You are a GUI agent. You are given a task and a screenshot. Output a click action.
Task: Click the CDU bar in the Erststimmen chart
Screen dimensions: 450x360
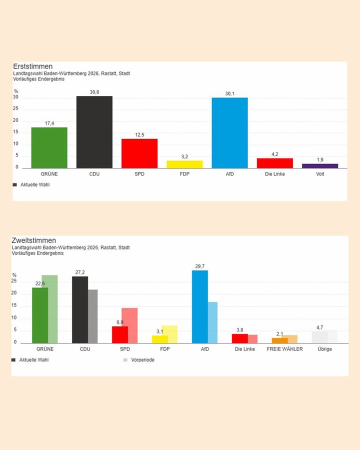click(x=94, y=132)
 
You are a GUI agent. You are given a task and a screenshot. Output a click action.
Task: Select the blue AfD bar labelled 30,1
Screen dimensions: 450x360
click(x=229, y=133)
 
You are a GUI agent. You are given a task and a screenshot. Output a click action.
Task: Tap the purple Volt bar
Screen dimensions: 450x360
click(x=320, y=165)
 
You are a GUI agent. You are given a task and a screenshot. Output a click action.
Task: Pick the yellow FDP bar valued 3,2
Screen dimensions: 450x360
click(x=184, y=164)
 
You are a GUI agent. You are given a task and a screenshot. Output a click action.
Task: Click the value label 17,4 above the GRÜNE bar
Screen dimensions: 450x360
click(x=49, y=123)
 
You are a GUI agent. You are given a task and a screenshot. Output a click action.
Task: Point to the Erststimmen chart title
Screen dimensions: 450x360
click(x=32, y=66)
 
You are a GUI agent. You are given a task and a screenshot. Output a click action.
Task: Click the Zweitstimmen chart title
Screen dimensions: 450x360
click(x=33, y=240)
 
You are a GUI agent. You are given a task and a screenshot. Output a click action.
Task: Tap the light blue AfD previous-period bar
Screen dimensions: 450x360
click(x=212, y=322)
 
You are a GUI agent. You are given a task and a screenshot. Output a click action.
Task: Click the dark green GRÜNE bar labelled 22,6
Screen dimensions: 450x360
click(x=40, y=315)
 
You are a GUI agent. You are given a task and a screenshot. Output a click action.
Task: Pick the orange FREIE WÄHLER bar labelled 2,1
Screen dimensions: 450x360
click(x=279, y=340)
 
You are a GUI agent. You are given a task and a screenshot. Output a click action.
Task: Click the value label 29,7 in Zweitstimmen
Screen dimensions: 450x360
click(x=200, y=266)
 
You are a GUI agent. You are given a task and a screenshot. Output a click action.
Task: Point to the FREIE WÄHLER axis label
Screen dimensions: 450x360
click(x=284, y=349)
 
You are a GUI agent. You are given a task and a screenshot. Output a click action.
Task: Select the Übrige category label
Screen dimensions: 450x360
click(x=324, y=349)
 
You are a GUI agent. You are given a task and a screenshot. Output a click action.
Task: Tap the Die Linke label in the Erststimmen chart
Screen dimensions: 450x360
click(x=274, y=174)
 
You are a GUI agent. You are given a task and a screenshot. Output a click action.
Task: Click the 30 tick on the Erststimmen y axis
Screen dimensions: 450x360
click(x=16, y=97)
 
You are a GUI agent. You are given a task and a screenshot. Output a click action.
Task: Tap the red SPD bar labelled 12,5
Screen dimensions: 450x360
click(x=139, y=153)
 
